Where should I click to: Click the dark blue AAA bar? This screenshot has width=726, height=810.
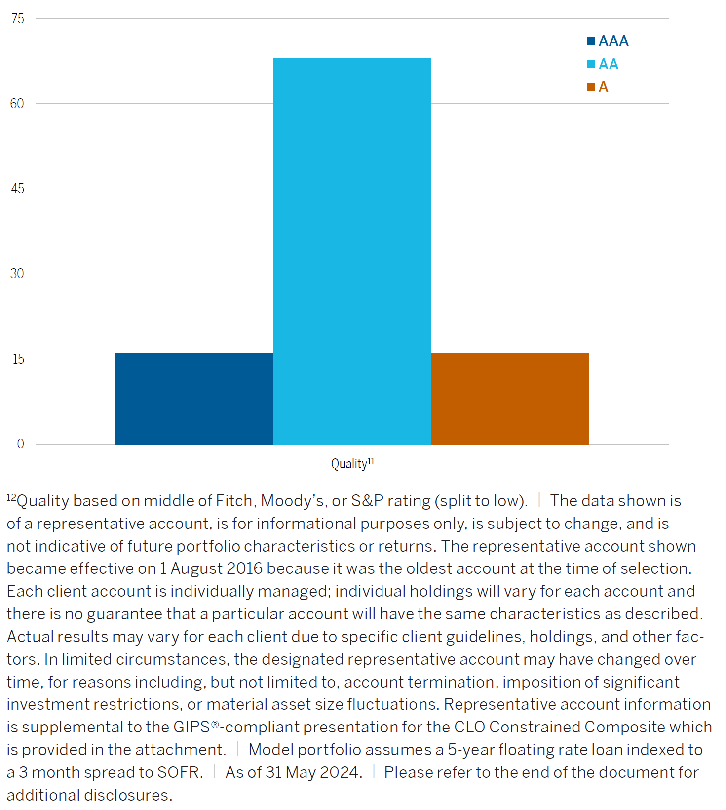point(193,399)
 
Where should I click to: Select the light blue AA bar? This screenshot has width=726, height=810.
point(352,251)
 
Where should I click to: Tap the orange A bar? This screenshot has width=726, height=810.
point(510,399)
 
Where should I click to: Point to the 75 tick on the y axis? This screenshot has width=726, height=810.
point(18,19)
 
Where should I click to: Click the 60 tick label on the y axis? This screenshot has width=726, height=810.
point(17,104)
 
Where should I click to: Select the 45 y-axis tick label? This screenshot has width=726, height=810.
point(17,189)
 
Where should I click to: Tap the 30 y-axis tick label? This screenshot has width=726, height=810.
point(17,274)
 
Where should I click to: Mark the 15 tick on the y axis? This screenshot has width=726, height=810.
point(18,359)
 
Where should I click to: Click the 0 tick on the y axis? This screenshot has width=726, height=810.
point(20,444)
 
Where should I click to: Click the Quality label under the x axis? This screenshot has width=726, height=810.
point(349,464)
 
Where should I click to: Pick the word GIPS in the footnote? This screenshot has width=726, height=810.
point(191,727)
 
